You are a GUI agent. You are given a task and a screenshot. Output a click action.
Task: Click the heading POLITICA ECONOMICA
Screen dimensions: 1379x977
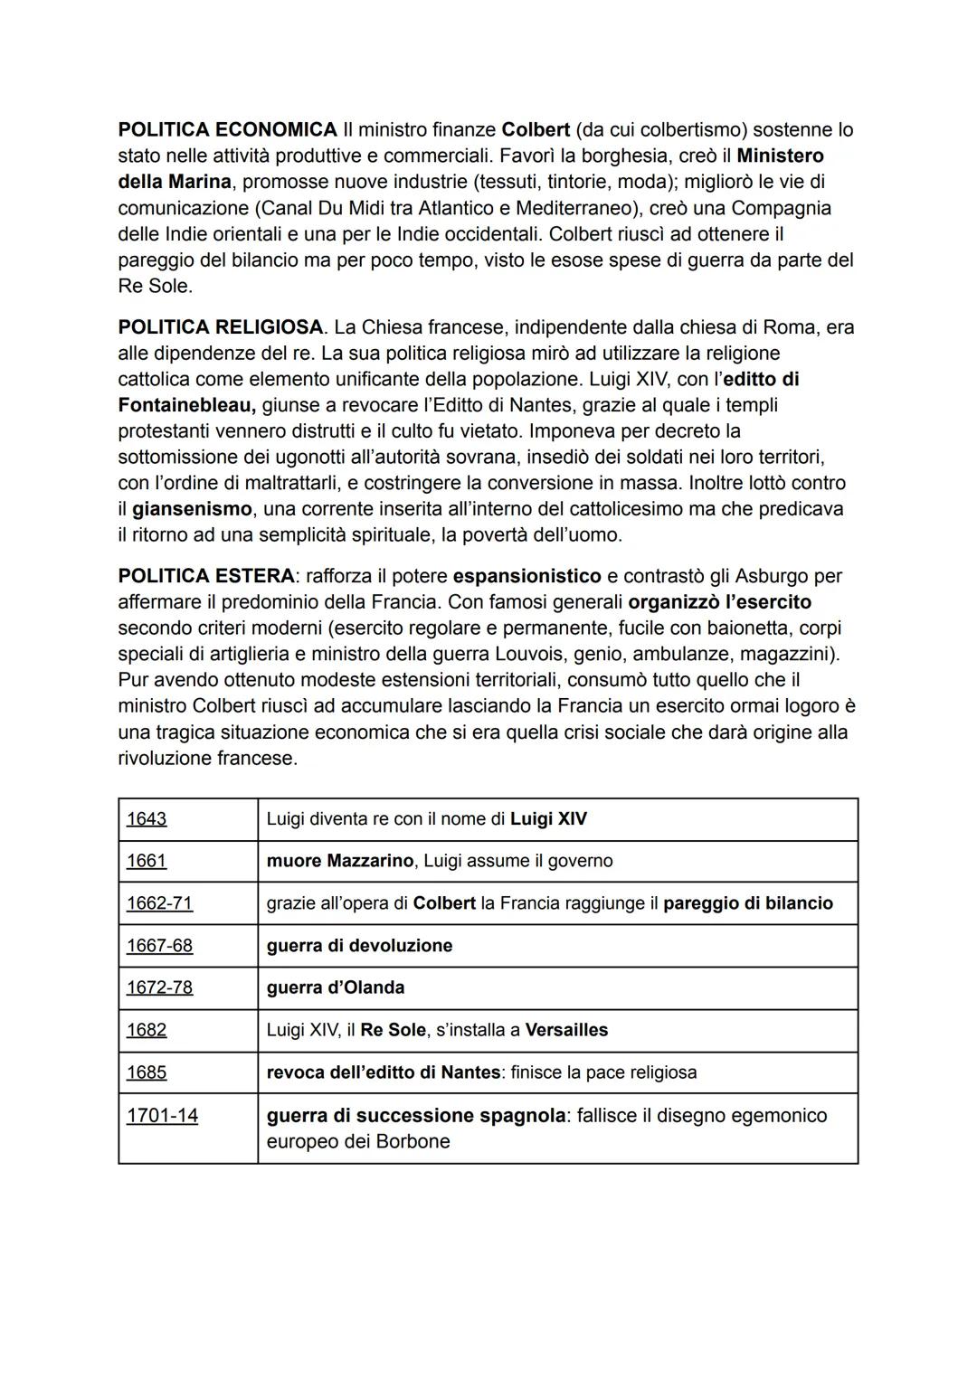[227, 130]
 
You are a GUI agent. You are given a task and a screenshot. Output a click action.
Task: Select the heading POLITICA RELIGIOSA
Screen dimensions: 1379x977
[220, 327]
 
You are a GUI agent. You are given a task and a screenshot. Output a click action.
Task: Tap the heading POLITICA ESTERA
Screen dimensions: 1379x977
[205, 576]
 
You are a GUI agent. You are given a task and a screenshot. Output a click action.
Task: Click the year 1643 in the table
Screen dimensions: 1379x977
[147, 819]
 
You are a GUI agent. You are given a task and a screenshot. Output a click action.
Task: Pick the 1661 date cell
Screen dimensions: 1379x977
[147, 861]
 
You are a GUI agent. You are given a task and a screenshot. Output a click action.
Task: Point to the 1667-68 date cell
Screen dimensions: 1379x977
[159, 946]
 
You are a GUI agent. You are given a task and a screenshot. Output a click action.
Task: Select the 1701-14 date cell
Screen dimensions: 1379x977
[162, 1116]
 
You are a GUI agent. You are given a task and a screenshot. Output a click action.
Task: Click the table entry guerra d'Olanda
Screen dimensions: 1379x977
[335, 987]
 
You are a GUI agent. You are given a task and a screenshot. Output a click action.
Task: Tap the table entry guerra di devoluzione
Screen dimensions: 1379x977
[359, 946]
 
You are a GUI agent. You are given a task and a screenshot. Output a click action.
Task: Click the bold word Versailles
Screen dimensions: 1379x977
[566, 1030]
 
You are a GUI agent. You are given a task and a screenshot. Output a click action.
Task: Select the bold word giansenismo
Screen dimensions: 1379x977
[192, 509]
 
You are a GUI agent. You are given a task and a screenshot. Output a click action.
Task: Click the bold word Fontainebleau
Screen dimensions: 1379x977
[186, 405]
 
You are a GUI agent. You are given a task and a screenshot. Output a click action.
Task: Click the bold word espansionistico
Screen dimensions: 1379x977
[526, 576]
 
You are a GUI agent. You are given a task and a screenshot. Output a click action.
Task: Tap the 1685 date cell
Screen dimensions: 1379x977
[147, 1072]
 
